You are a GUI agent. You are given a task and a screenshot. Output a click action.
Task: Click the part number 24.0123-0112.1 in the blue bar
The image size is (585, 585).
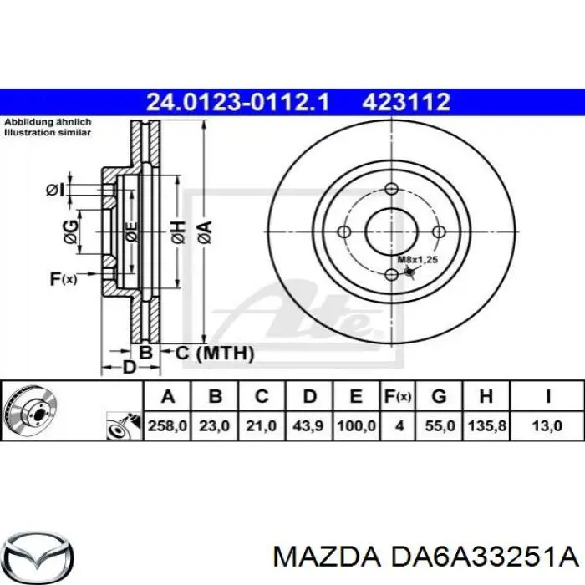[238, 102]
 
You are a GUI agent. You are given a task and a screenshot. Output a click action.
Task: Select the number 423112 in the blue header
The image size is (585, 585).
[406, 102]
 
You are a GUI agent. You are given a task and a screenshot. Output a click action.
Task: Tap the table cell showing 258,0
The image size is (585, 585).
[167, 425]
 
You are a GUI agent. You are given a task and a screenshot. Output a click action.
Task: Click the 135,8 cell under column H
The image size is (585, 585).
[487, 425]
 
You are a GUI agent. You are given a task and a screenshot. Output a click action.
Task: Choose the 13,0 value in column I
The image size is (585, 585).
[547, 425]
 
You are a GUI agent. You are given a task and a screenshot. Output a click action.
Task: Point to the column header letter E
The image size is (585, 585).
[356, 396]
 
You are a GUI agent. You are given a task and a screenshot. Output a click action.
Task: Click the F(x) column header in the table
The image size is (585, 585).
[398, 396]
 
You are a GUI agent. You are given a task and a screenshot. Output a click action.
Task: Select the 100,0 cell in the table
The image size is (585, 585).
[356, 425]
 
